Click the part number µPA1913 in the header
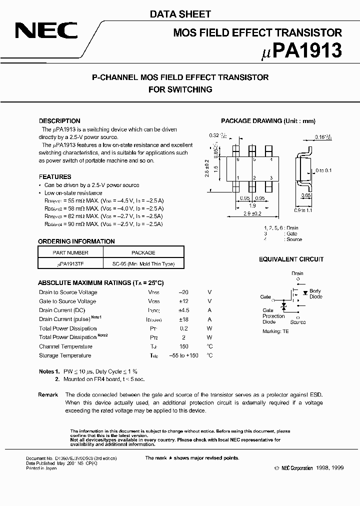(303, 50)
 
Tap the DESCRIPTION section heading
(59, 121)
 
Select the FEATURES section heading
(55, 177)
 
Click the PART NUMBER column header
(70, 252)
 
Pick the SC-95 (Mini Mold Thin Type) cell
(143, 264)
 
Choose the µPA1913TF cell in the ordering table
(70, 264)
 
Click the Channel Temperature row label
(65, 346)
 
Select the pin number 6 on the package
(238, 159)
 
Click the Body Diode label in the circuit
(315, 294)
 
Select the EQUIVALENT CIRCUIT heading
(291, 259)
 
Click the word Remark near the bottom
(48, 395)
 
